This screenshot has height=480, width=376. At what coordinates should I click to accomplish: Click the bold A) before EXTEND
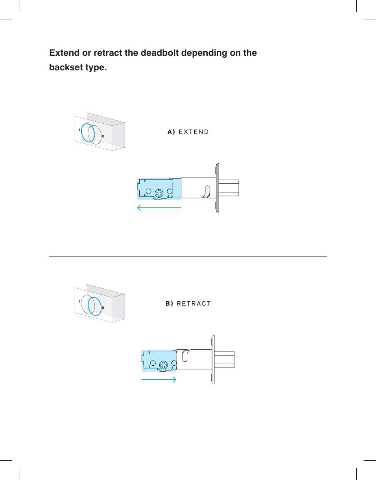click(171, 132)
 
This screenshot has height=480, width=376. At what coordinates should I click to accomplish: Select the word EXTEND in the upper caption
click(194, 132)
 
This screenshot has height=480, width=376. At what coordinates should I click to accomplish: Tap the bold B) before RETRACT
click(169, 304)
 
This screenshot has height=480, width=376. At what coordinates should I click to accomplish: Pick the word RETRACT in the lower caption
click(194, 304)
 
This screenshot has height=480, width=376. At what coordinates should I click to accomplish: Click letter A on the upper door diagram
click(79, 130)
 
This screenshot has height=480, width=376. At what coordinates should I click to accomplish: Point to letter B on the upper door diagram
click(103, 136)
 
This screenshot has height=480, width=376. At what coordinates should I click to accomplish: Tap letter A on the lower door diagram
click(79, 302)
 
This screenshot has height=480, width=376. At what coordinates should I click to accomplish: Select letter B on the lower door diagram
click(103, 308)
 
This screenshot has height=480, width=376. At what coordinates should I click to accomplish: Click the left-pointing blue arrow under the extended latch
click(159, 208)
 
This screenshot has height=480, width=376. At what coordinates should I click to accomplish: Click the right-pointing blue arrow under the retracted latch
click(159, 379)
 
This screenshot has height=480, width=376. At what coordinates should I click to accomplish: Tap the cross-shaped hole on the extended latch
click(160, 193)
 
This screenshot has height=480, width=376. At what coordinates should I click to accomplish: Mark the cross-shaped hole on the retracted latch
click(164, 365)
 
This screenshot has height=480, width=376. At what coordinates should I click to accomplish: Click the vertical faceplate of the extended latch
click(217, 188)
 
